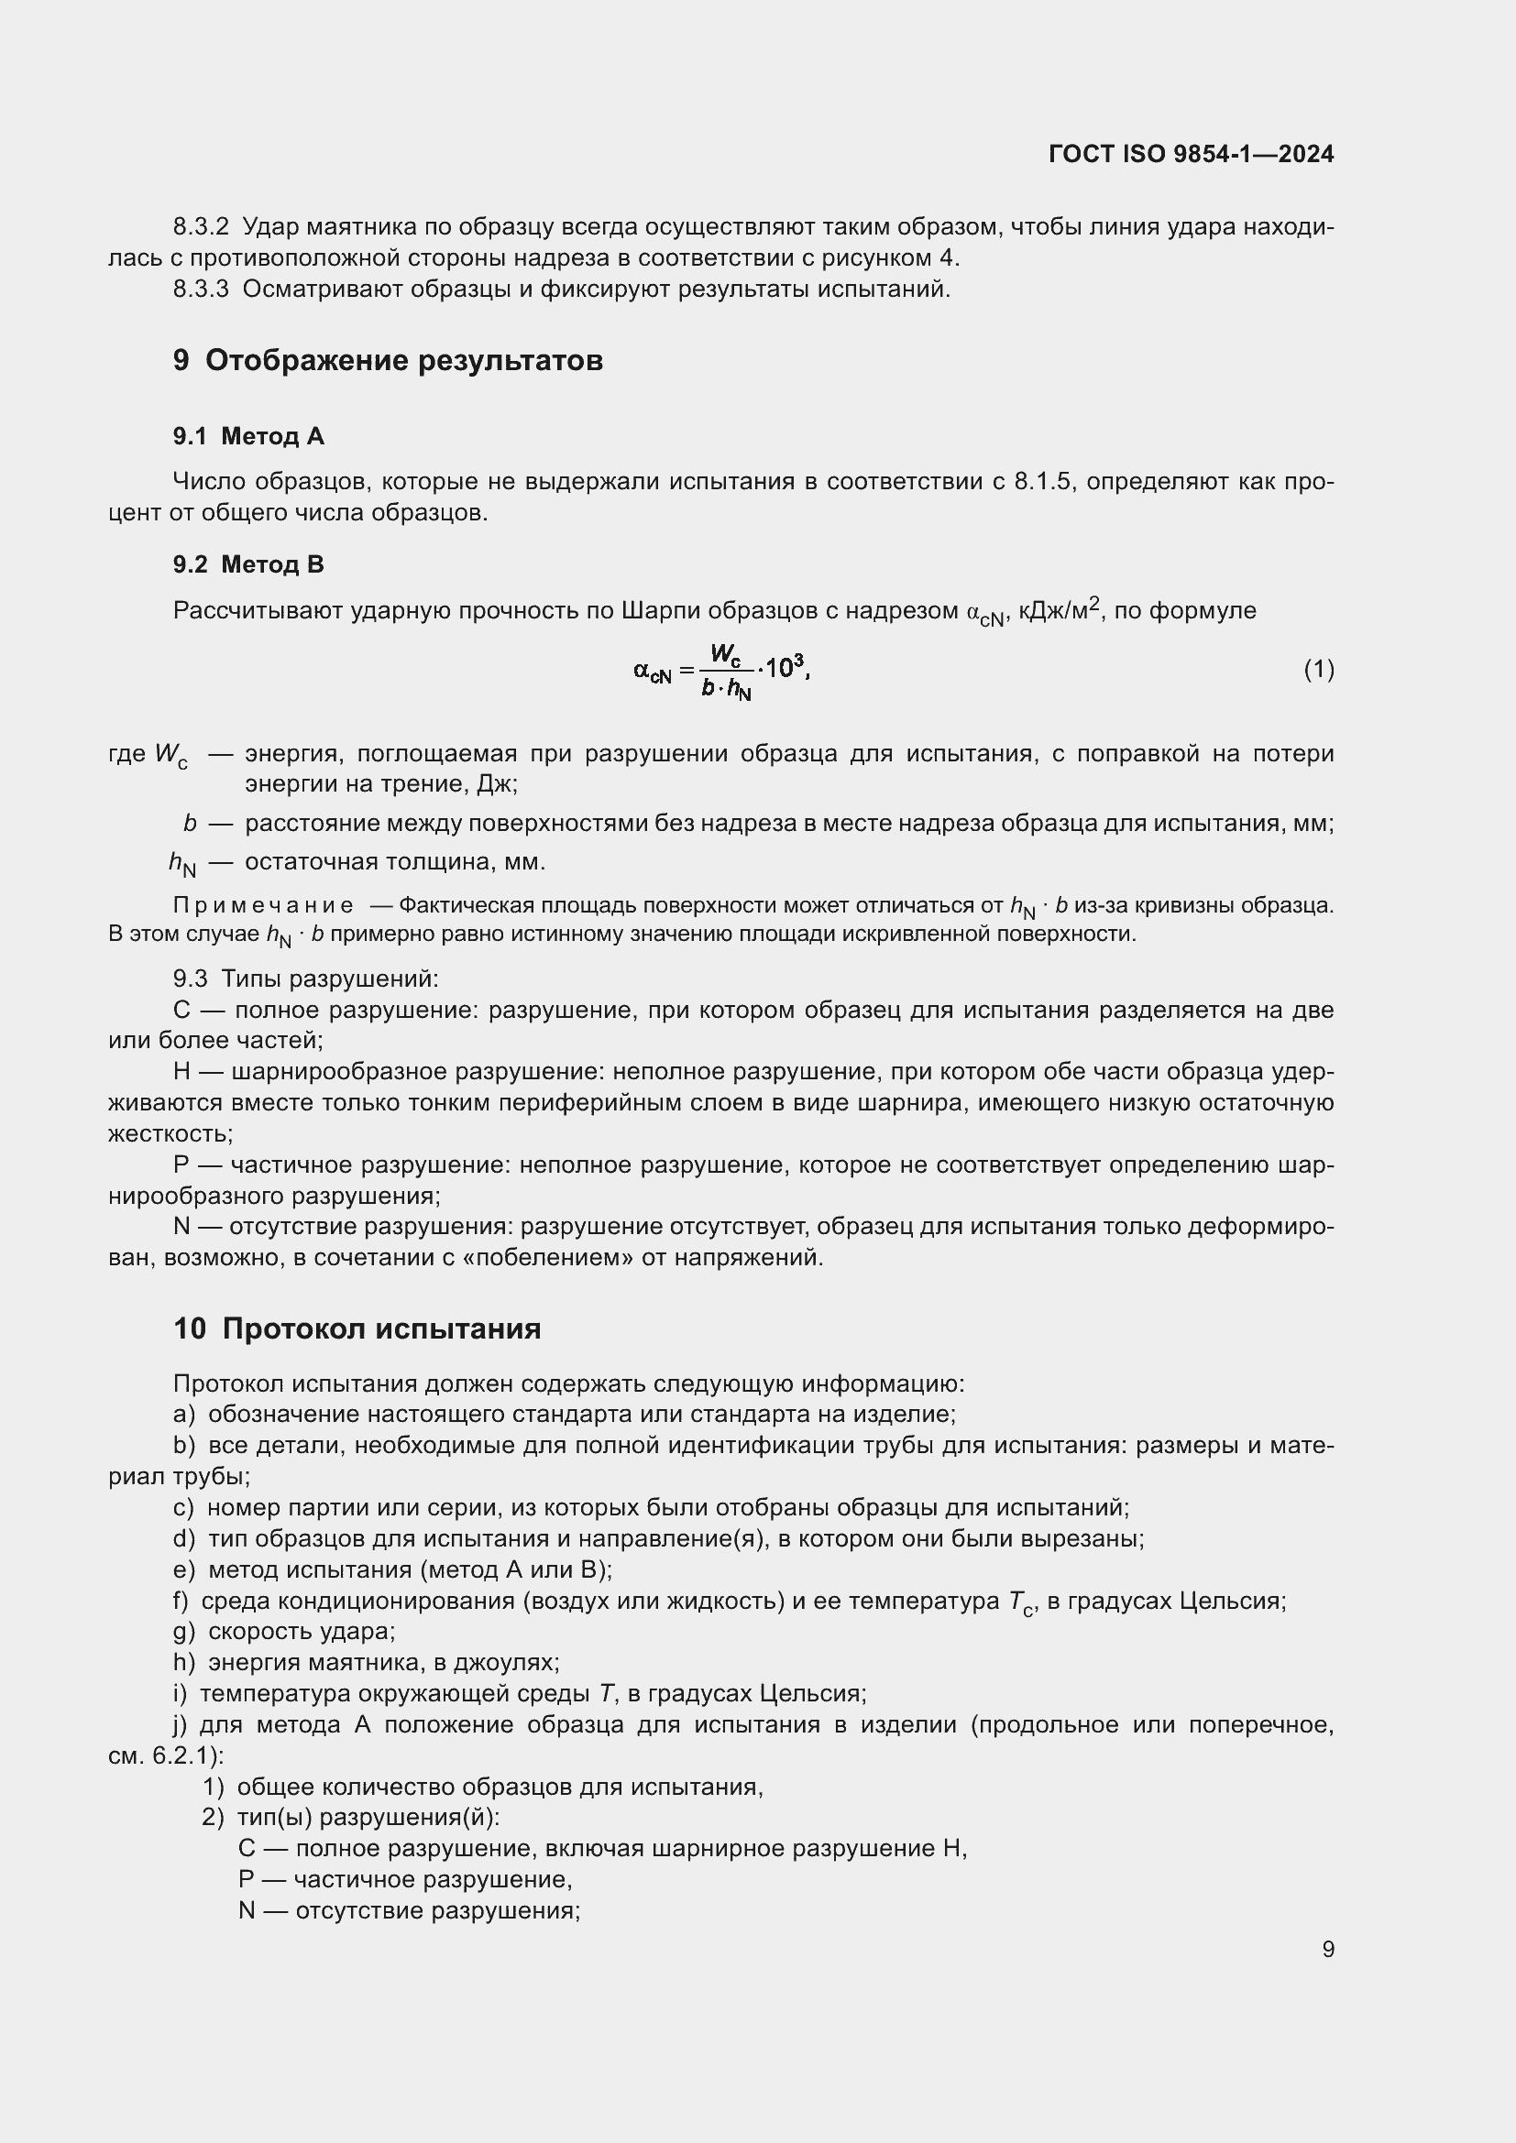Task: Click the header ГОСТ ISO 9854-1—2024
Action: click(1191, 154)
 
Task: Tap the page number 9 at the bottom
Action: click(1327, 1949)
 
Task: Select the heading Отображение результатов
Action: click(403, 360)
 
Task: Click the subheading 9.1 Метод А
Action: click(248, 436)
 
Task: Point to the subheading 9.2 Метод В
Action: click(248, 563)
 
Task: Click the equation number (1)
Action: click(1318, 668)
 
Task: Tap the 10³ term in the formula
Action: click(785, 666)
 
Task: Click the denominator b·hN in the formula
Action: click(726, 690)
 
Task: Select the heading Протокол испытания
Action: click(381, 1328)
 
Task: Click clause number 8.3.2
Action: click(201, 227)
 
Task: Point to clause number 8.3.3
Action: click(201, 290)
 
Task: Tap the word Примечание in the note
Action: click(263, 904)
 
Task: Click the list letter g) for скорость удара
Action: click(184, 1631)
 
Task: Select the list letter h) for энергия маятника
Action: click(184, 1662)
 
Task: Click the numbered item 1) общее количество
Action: click(214, 1787)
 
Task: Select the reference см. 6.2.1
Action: click(165, 1755)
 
